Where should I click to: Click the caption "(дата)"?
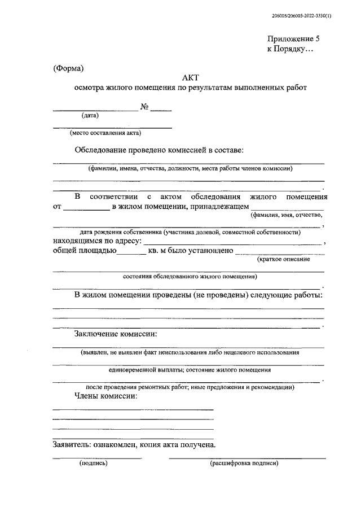pyautogui.click(x=90, y=116)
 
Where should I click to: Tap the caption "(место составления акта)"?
pyautogui.click(x=105, y=134)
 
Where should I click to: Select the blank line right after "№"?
pyautogui.click(x=161, y=110)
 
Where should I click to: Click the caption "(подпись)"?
pyautogui.click(x=93, y=464)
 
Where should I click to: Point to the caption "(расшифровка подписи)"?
pyautogui.click(x=244, y=464)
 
